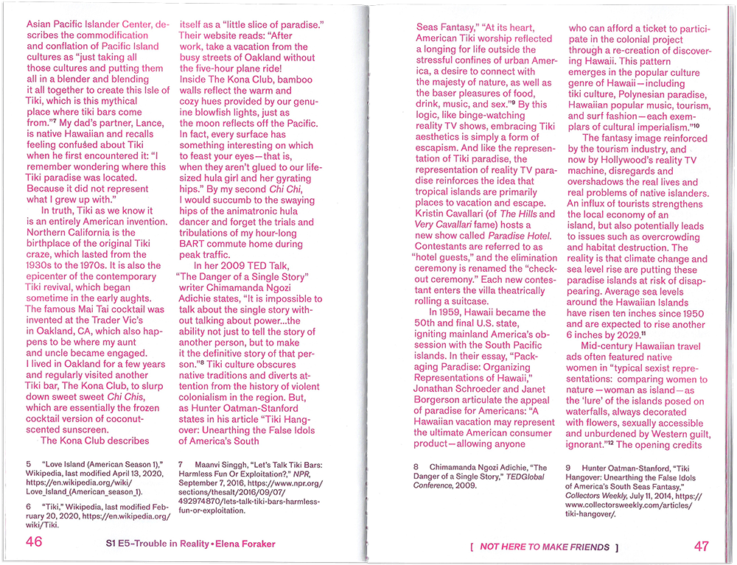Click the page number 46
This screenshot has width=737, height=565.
[34, 544]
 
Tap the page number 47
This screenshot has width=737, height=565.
[701, 546]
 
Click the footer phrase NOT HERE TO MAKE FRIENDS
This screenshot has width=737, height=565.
[545, 547]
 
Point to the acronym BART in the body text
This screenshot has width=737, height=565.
[197, 245]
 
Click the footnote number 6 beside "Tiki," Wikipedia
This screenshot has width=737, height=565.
[28, 507]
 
